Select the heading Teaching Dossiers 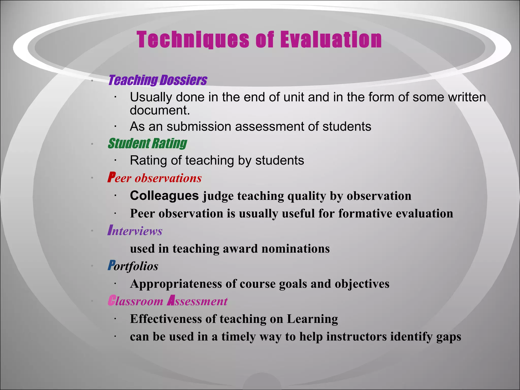tap(158, 80)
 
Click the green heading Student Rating tap(147, 143)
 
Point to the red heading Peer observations tap(154, 178)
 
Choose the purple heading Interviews tap(135, 231)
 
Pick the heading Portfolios tap(133, 266)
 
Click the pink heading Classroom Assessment tap(168, 301)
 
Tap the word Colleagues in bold tap(164, 196)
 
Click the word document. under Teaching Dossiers tap(160, 110)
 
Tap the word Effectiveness tap(166, 319)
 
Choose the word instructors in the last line tap(356, 336)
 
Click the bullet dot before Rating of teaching tap(115, 160)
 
